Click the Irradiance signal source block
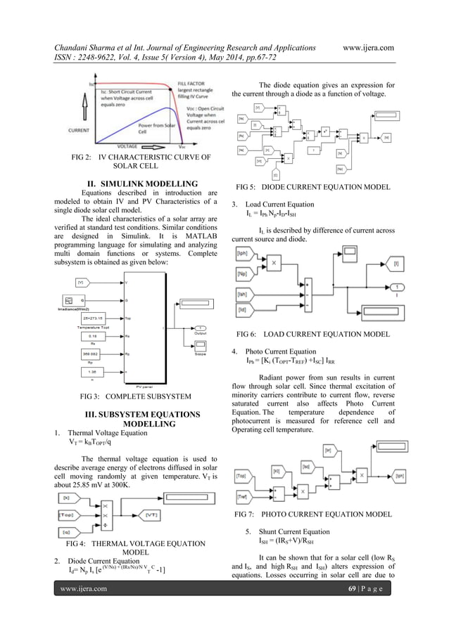[79, 301]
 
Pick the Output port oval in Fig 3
[200, 328]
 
